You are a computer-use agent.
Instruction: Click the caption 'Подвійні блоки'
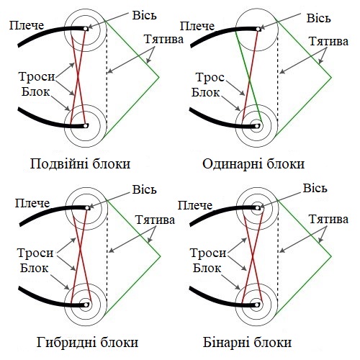[x=80, y=164]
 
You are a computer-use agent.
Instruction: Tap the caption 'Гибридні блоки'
[x=87, y=343]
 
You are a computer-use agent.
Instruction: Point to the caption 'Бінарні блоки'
[x=247, y=343]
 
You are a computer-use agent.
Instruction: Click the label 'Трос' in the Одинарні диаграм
[x=210, y=78]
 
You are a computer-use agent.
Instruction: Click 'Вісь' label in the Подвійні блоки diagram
[x=145, y=16]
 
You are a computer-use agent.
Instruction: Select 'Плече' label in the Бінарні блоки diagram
[x=195, y=205]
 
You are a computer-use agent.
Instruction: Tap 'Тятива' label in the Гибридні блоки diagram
[x=155, y=220]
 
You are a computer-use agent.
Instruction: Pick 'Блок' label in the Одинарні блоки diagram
[x=205, y=92]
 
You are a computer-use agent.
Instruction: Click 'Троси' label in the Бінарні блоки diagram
[x=208, y=253]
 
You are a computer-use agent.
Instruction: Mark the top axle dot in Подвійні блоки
[x=86, y=29]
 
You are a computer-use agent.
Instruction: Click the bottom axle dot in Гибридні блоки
[x=86, y=305]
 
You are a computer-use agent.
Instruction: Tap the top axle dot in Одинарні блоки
[x=258, y=29]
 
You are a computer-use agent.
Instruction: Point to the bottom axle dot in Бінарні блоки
[x=257, y=305]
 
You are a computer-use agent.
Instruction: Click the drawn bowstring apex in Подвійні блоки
[x=159, y=77]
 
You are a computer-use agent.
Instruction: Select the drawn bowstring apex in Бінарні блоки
[x=331, y=256]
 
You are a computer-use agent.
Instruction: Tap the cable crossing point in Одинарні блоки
[x=249, y=79]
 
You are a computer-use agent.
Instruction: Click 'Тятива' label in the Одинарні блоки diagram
[x=328, y=41]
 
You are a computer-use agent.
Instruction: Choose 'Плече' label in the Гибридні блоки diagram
[x=32, y=203]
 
